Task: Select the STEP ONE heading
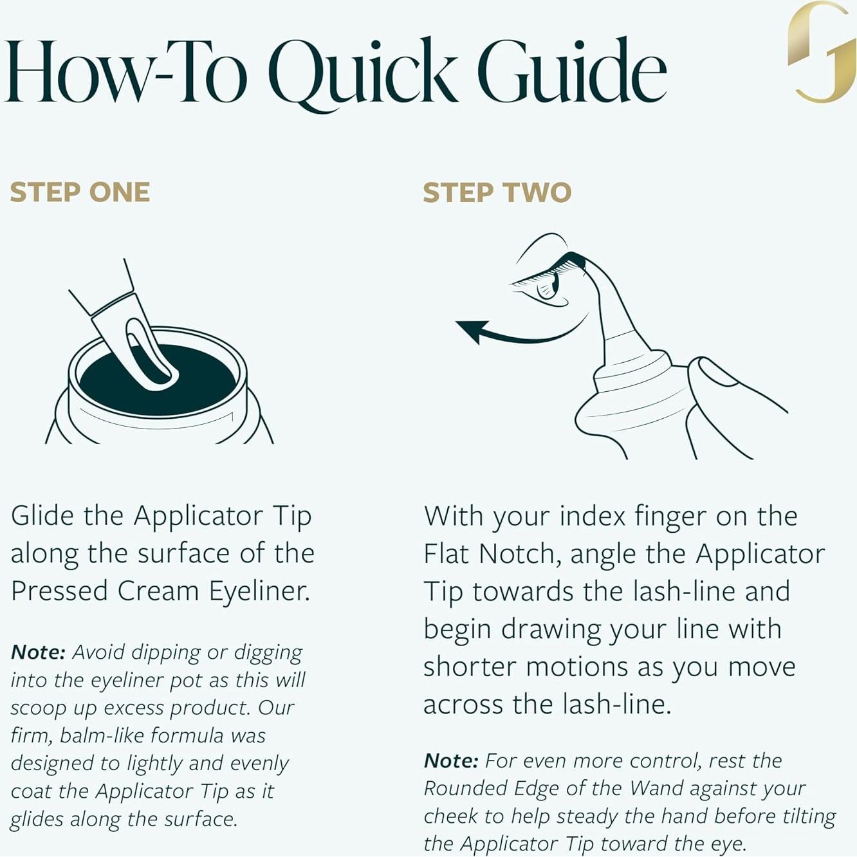(80, 192)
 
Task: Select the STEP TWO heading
(497, 192)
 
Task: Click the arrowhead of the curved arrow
(472, 331)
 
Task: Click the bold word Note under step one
(38, 652)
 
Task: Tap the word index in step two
(593, 516)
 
